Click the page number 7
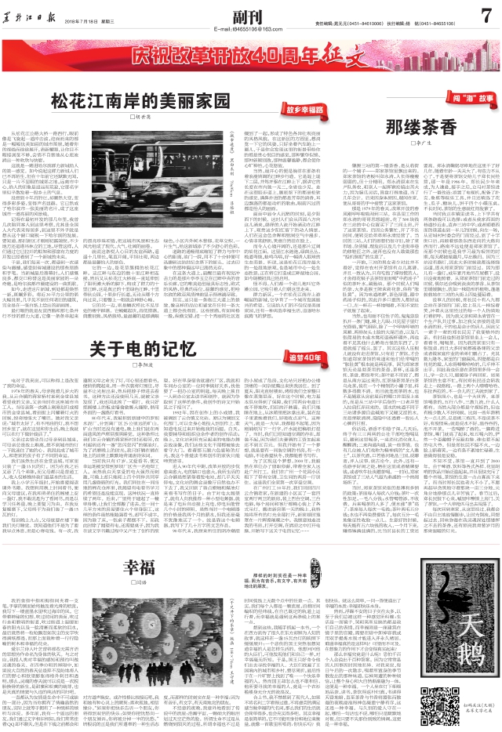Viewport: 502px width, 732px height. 485,13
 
